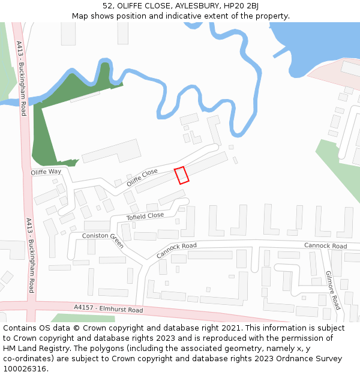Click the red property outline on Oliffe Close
pyautogui.click(x=181, y=175)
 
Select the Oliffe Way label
pyautogui.click(x=46, y=172)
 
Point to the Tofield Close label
pyautogui.click(x=145, y=216)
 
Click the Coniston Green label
pyautogui.click(x=103, y=240)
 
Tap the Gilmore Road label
pyautogui.click(x=333, y=289)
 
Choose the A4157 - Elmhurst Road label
pyautogui.click(x=109, y=308)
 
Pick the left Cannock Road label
pyautogui.click(x=176, y=250)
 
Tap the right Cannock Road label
pyautogui.click(x=325, y=246)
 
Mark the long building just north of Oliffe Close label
pyautogui.click(x=111, y=151)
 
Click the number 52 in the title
pyautogui.click(x=107, y=6)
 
